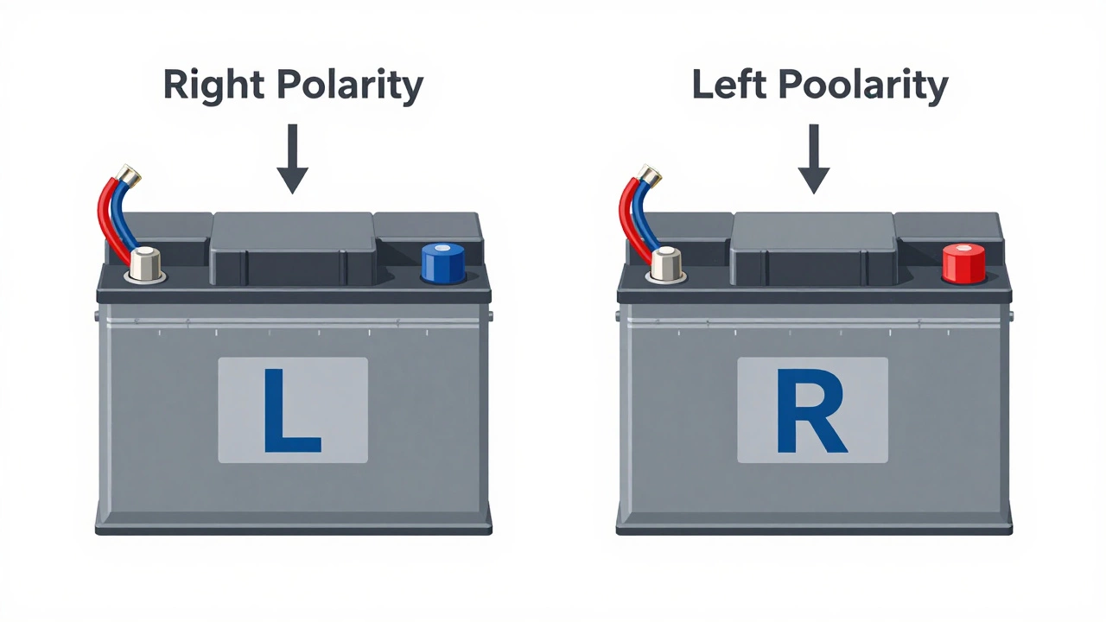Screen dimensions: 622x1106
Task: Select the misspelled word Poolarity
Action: click(863, 86)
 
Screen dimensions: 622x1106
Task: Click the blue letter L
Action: click(292, 410)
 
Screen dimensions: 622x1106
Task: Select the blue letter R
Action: click(812, 410)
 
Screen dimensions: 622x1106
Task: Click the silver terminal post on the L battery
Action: click(145, 263)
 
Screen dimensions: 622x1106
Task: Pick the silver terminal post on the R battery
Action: click(666, 263)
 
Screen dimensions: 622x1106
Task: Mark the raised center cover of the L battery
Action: click(293, 245)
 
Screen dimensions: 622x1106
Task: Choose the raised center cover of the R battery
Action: click(813, 245)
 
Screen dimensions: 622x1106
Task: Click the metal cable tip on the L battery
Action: click(130, 176)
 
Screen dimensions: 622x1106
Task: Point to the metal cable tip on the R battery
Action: click(650, 176)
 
